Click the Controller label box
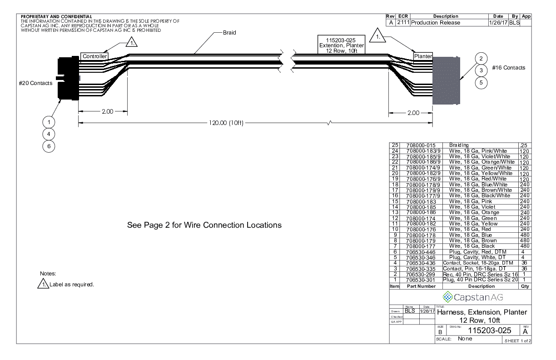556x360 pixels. click(x=94, y=56)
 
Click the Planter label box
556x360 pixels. click(x=422, y=56)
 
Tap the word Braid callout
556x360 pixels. click(x=229, y=33)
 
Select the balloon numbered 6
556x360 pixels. click(x=49, y=146)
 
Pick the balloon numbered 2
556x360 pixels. click(x=482, y=58)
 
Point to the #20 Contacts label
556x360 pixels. click(x=36, y=83)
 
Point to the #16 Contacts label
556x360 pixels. click(x=508, y=68)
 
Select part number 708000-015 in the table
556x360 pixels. click(x=420, y=145)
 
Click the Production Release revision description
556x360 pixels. click(x=436, y=23)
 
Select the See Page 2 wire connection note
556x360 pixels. click(x=204, y=225)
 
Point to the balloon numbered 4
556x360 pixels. click(x=49, y=134)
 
